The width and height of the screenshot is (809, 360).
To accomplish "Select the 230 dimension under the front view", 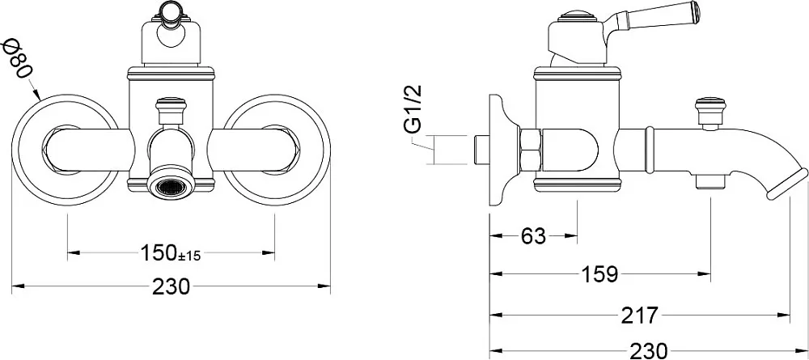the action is pos(172,286).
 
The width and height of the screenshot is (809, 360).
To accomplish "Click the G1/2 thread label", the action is pos(414,110).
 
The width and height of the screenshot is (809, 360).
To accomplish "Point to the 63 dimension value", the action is pos(533,236).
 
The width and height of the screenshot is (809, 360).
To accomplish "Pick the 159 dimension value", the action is pos(599,274).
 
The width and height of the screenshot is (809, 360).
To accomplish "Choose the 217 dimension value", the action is pos(640,314).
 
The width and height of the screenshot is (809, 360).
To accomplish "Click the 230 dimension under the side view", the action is pos(649,351).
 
